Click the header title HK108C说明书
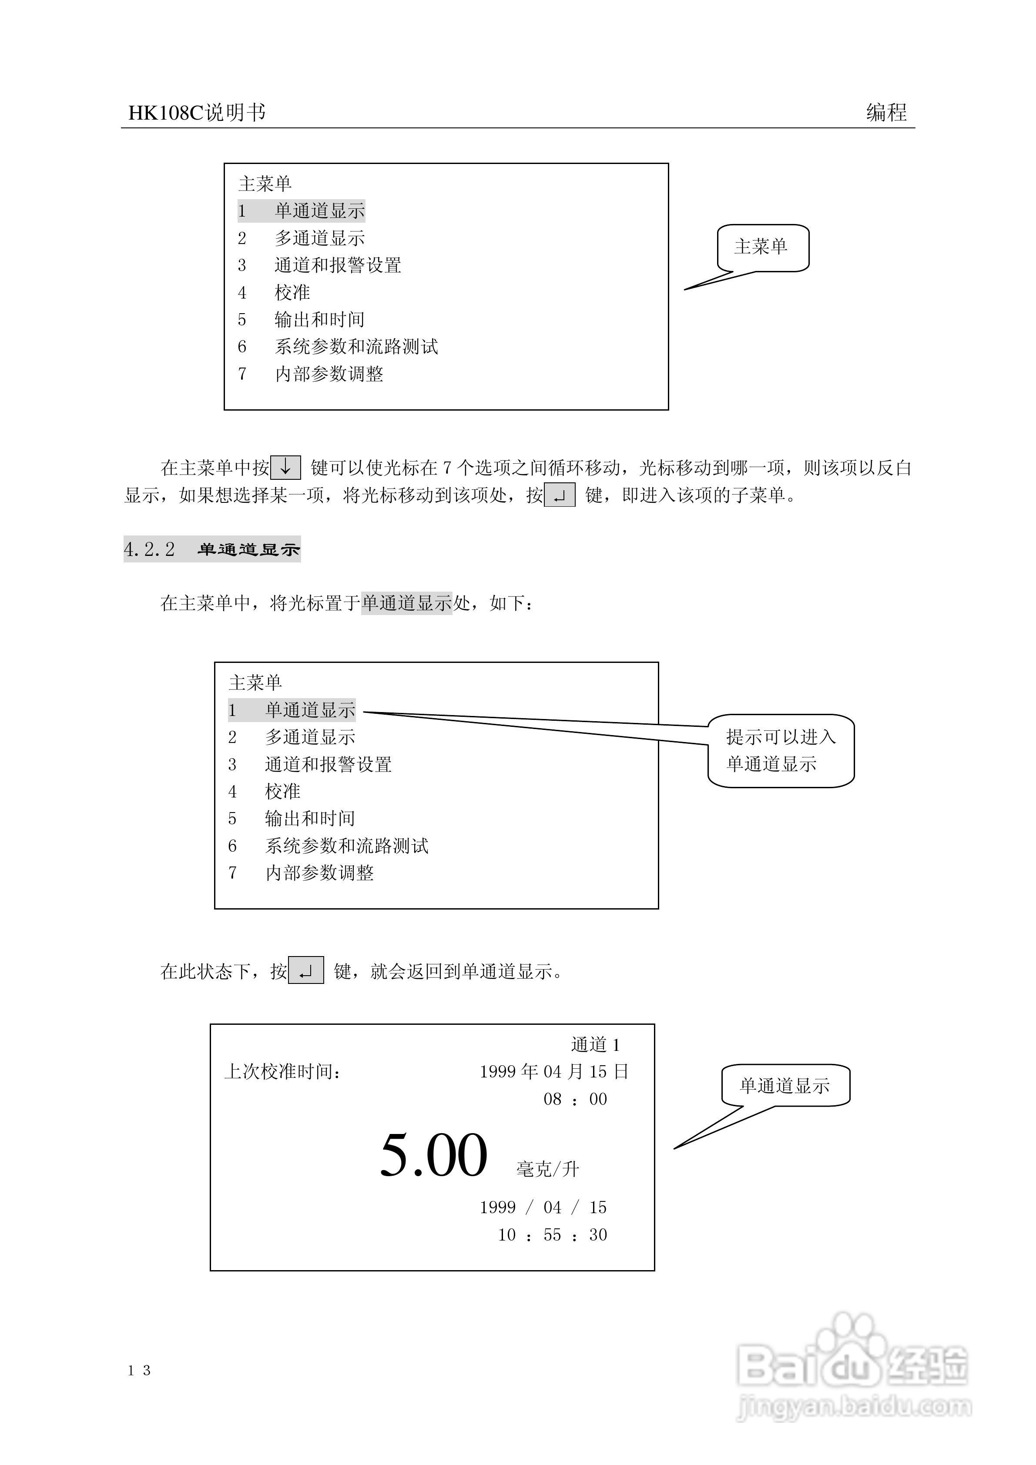pos(197,113)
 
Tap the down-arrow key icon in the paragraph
pos(285,468)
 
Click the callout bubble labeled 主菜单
pos(763,248)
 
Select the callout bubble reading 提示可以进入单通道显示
pos(781,750)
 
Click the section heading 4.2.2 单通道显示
pos(212,549)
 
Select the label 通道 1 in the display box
pos(595,1044)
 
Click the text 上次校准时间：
pos(283,1071)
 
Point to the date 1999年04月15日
pos(554,1071)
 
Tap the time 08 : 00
pos(575,1099)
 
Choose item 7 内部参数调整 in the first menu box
pos(311,374)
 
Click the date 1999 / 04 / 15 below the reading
pos(543,1207)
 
